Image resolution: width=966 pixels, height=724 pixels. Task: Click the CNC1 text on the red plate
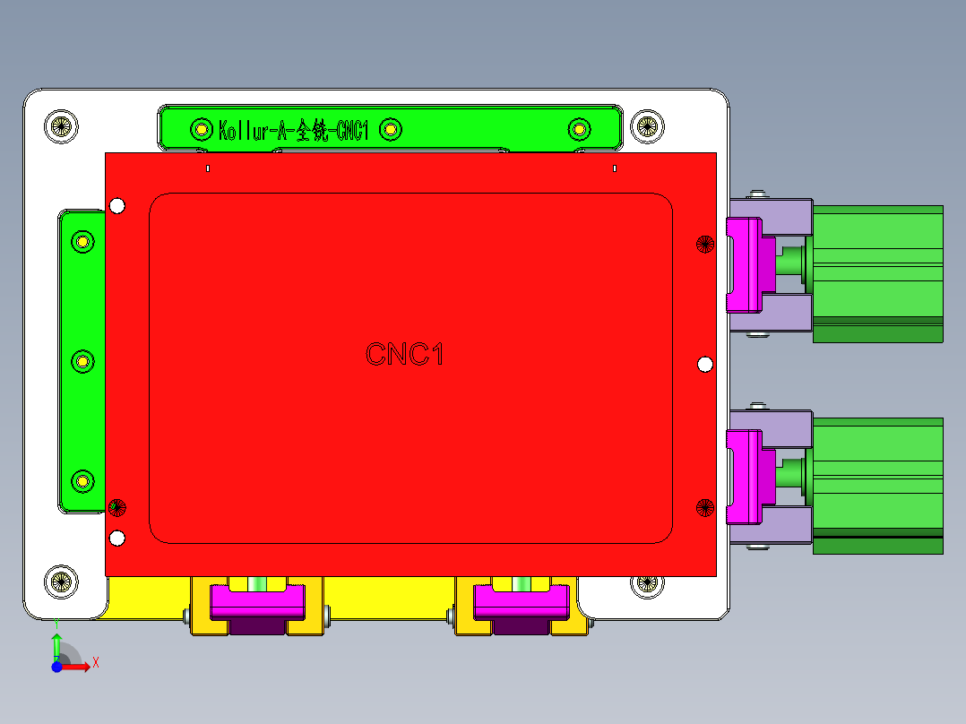[405, 355]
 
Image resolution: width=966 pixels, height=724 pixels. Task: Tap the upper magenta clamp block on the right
[744, 264]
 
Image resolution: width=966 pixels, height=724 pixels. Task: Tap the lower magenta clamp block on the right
[744, 476]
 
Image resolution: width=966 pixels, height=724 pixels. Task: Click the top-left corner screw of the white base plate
[61, 125]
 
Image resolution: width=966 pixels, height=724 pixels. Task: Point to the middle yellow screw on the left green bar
[82, 361]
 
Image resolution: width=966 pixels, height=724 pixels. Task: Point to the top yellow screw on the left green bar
[82, 241]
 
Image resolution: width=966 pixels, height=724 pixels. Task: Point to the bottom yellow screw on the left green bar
[82, 481]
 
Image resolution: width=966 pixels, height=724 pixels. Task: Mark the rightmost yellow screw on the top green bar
[580, 129]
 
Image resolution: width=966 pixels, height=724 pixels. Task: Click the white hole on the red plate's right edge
[705, 364]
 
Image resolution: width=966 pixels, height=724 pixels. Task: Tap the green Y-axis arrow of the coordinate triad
[56, 643]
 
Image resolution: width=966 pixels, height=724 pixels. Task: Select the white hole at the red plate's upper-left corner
[116, 207]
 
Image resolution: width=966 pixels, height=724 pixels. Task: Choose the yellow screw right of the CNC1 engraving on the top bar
[391, 130]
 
